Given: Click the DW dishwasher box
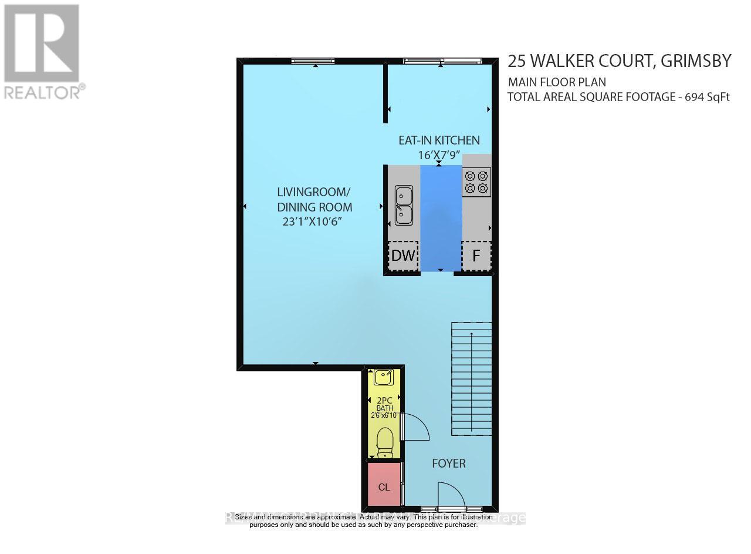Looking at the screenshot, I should [402, 256].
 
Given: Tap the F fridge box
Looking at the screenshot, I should [476, 256].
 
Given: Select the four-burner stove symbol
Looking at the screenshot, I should [476, 182].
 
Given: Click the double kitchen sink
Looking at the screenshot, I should [404, 205].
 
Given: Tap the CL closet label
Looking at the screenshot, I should [384, 487].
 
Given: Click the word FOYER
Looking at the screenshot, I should [449, 464].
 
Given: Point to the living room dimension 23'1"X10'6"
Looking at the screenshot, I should [312, 222].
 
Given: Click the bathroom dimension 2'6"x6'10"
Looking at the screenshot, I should [384, 415].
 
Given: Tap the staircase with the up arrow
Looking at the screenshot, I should [471, 379].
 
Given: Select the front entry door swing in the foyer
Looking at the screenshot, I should [451, 495].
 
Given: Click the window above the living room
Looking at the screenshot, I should [313, 61].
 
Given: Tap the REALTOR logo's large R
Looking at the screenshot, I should [40, 43].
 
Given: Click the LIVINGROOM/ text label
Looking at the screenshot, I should [314, 192].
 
